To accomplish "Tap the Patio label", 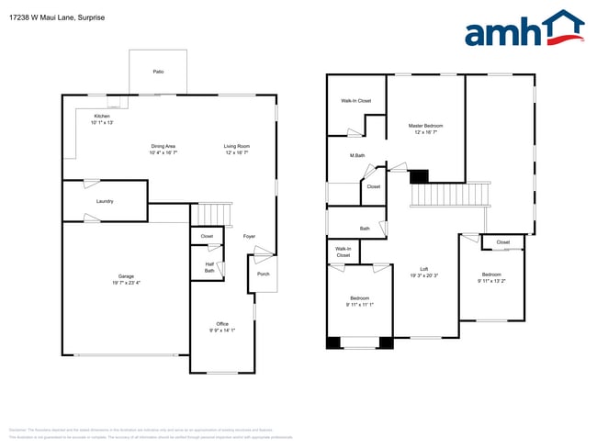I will tap(158, 71).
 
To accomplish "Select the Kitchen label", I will tap(102, 116).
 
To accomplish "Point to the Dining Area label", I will tap(163, 146).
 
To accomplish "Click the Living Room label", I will tap(237, 146).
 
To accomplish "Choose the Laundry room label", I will tap(105, 200).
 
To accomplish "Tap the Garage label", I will tap(126, 276).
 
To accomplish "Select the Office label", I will tap(222, 323).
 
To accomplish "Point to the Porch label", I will tap(264, 274).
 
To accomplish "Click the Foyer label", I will tap(249, 236).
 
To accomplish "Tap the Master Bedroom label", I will tap(426, 125).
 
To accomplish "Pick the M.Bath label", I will tap(357, 155).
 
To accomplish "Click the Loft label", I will tap(423, 269).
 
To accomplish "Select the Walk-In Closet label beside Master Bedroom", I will tap(356, 100).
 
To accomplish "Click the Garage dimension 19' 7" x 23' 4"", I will tap(126, 283).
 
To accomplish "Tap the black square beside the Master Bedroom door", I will tap(419, 176).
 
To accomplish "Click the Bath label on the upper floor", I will tap(365, 228).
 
